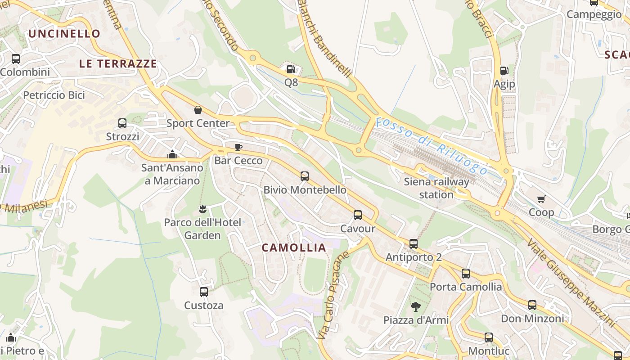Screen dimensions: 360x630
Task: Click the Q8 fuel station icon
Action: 291,69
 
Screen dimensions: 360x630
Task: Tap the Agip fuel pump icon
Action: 504,71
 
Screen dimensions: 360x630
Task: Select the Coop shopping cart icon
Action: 541,199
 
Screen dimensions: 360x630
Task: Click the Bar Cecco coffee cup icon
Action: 238,147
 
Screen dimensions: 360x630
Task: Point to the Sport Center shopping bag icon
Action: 198,110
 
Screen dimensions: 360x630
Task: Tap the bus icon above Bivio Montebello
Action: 305,176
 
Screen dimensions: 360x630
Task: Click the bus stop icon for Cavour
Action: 358,215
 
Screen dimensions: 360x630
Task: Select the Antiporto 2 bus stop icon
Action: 414,244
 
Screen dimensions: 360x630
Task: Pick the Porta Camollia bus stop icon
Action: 466,274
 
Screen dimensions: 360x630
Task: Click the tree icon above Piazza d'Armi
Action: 416,307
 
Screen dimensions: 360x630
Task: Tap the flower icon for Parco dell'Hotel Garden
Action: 202,209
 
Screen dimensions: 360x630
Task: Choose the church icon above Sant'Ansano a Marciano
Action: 172,155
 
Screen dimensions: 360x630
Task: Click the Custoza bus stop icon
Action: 204,292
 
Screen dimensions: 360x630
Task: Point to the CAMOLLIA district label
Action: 294,247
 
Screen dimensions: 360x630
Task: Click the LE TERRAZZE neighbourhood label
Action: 118,64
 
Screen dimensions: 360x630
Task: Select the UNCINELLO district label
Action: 64,34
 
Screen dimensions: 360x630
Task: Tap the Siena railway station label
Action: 436,188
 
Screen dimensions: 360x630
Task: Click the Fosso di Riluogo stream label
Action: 432,146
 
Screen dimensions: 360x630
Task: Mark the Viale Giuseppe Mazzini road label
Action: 571,282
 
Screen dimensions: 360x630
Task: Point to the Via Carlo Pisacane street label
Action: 333,295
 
